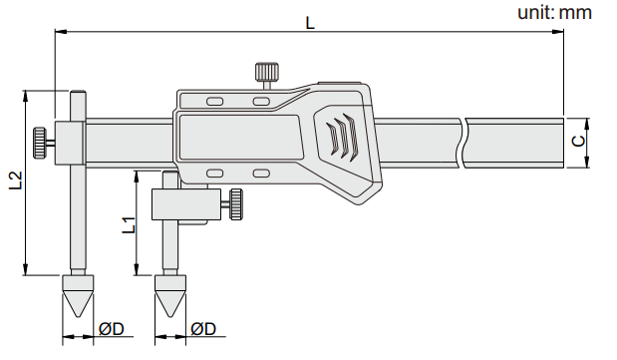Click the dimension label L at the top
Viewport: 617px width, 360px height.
310,23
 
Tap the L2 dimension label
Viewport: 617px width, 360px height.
16,180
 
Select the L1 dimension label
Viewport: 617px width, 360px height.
129,225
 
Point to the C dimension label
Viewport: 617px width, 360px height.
578,141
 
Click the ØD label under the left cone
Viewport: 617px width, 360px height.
112,329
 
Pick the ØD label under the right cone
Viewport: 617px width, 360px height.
203,329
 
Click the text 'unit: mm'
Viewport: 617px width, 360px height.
554,12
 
